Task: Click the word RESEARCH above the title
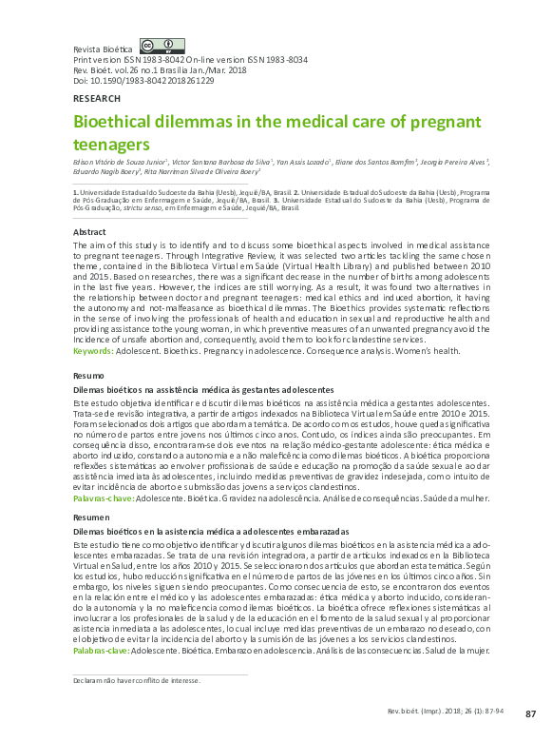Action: [97, 99]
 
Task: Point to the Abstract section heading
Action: [89, 232]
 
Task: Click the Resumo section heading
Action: [88, 377]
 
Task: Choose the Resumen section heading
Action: [91, 517]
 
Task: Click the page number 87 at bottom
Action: [531, 713]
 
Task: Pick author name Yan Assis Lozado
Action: [304, 163]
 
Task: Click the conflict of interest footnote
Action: [137, 681]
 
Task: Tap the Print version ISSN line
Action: [190, 59]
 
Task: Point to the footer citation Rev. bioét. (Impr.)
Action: [446, 713]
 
